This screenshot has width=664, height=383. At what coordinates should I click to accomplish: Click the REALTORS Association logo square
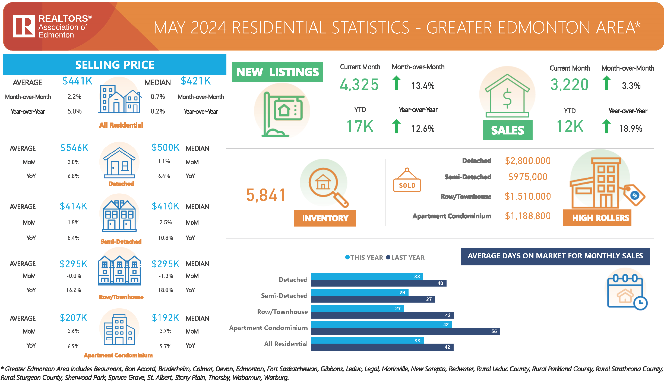coord(24,26)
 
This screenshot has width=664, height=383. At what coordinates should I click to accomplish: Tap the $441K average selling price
coord(77,81)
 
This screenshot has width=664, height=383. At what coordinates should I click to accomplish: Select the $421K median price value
coord(196,81)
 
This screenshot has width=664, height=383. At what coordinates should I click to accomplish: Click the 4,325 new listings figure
coord(359,84)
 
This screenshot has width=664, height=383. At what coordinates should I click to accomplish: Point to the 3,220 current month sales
coord(569,84)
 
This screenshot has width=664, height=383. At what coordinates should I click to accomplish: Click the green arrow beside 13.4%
coord(396,83)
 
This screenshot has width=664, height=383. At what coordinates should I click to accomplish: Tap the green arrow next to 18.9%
coord(606,126)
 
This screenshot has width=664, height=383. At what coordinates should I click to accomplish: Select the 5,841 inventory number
coord(266,195)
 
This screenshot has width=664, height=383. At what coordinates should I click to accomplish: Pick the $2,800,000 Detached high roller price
coord(528,161)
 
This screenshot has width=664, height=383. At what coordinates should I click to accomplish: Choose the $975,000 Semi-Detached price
coord(528,177)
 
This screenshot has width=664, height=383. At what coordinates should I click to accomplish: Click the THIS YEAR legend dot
coord(347,257)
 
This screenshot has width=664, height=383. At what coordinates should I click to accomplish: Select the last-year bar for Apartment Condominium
coord(405,331)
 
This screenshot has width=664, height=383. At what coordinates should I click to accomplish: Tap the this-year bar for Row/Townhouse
coord(357,308)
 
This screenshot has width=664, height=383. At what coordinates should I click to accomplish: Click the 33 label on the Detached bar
coord(417,276)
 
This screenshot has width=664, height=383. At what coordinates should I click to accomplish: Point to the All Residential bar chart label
coord(286,344)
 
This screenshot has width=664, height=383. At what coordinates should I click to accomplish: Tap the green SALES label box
coord(507,130)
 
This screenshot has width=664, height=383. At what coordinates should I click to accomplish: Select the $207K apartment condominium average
coord(74,318)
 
